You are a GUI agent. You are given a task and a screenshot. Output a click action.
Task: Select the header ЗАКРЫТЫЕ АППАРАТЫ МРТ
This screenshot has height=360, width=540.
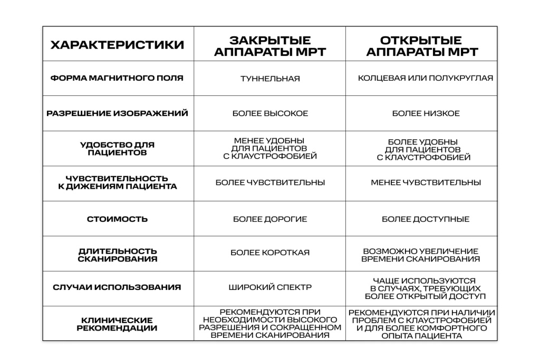[269, 46]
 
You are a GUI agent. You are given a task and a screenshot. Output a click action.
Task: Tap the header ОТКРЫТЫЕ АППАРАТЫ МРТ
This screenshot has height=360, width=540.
[421, 46]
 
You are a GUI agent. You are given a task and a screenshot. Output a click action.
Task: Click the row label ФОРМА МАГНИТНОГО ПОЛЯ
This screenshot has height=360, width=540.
[117, 78]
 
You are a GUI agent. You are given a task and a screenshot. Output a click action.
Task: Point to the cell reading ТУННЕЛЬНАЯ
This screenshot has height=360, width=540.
[269, 79]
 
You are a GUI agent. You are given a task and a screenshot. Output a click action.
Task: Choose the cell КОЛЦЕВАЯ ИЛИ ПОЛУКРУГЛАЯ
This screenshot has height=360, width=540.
[425, 78]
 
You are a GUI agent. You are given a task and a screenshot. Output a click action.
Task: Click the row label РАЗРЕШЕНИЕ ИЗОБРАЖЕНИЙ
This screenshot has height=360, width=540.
[117, 113]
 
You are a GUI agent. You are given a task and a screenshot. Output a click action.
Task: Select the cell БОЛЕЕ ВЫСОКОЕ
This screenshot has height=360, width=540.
[269, 113]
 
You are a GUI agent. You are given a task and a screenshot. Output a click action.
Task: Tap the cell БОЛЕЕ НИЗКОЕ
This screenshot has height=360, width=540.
[425, 113]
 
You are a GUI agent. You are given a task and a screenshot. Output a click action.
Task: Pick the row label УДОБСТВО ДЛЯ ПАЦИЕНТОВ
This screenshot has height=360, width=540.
[117, 149]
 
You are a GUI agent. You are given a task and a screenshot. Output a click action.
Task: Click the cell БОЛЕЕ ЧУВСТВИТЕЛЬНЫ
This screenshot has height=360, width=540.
[269, 183]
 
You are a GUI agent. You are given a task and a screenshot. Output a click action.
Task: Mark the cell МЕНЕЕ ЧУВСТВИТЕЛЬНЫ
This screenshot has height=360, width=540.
[425, 183]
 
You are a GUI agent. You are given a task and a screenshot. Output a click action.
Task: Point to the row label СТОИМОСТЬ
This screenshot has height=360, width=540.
[117, 219]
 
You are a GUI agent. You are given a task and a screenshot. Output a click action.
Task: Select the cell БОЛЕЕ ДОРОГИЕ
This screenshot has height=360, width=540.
[269, 219]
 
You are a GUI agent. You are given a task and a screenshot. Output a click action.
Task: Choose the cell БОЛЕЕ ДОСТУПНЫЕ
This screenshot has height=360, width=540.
[425, 219]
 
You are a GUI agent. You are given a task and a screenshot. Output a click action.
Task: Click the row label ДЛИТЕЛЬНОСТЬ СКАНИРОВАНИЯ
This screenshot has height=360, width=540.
[117, 255]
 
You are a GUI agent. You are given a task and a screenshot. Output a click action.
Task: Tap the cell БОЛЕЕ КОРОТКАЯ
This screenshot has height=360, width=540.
[269, 253]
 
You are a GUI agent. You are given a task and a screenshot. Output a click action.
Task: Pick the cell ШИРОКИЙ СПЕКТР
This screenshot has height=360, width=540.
[269, 287]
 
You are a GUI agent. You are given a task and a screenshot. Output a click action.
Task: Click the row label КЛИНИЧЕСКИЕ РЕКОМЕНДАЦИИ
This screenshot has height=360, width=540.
[117, 324]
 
